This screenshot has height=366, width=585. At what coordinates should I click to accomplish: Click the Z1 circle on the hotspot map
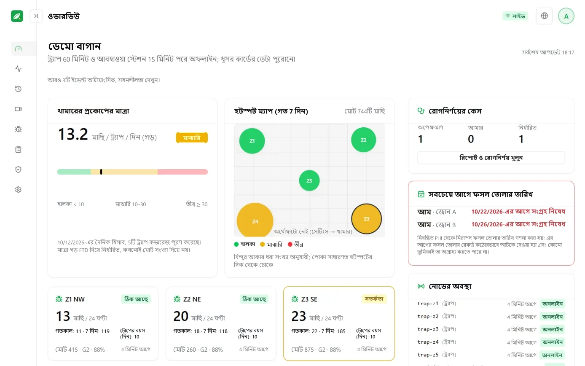[252, 141]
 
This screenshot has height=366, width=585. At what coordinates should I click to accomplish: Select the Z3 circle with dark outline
[366, 219]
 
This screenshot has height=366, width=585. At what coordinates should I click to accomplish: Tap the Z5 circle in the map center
[309, 180]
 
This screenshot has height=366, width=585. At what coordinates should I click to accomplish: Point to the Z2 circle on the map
[363, 140]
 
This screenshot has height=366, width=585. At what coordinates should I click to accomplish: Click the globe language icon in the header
[544, 16]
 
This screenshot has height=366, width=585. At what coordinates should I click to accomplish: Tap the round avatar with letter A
[566, 16]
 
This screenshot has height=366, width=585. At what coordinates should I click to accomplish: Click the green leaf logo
[17, 16]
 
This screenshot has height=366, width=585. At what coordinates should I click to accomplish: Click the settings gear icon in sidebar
[18, 189]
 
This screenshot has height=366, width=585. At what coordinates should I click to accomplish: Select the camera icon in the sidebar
[18, 109]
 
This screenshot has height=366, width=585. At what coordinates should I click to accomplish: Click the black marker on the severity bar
[101, 172]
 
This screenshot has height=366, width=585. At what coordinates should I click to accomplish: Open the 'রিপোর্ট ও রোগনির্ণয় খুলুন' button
[491, 158]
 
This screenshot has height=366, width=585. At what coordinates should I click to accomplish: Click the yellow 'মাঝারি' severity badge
[192, 138]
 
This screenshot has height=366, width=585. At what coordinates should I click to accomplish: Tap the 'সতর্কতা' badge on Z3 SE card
[374, 299]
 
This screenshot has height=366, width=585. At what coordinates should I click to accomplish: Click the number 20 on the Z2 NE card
[181, 316]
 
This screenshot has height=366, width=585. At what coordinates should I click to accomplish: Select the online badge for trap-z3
[552, 329]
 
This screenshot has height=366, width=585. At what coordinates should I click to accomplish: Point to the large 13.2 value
[72, 134]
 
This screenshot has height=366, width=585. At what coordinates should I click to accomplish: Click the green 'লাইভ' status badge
[515, 16]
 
